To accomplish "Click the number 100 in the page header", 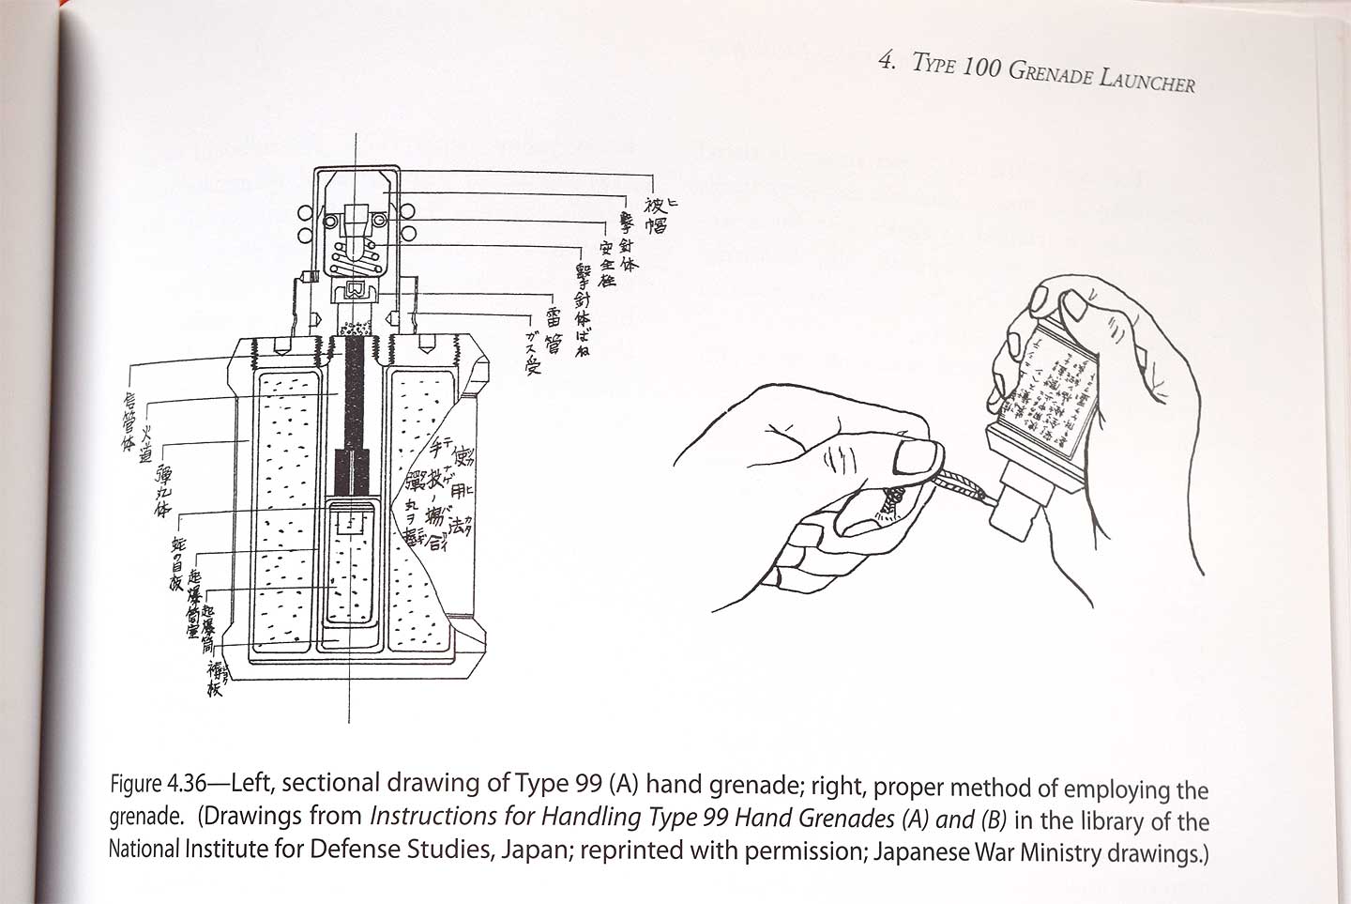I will click(x=981, y=69).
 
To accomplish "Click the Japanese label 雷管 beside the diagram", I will click(x=554, y=329).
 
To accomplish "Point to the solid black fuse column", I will click(x=357, y=394).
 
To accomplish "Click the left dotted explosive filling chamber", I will click(x=286, y=507).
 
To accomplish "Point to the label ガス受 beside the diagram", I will click(x=533, y=353).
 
